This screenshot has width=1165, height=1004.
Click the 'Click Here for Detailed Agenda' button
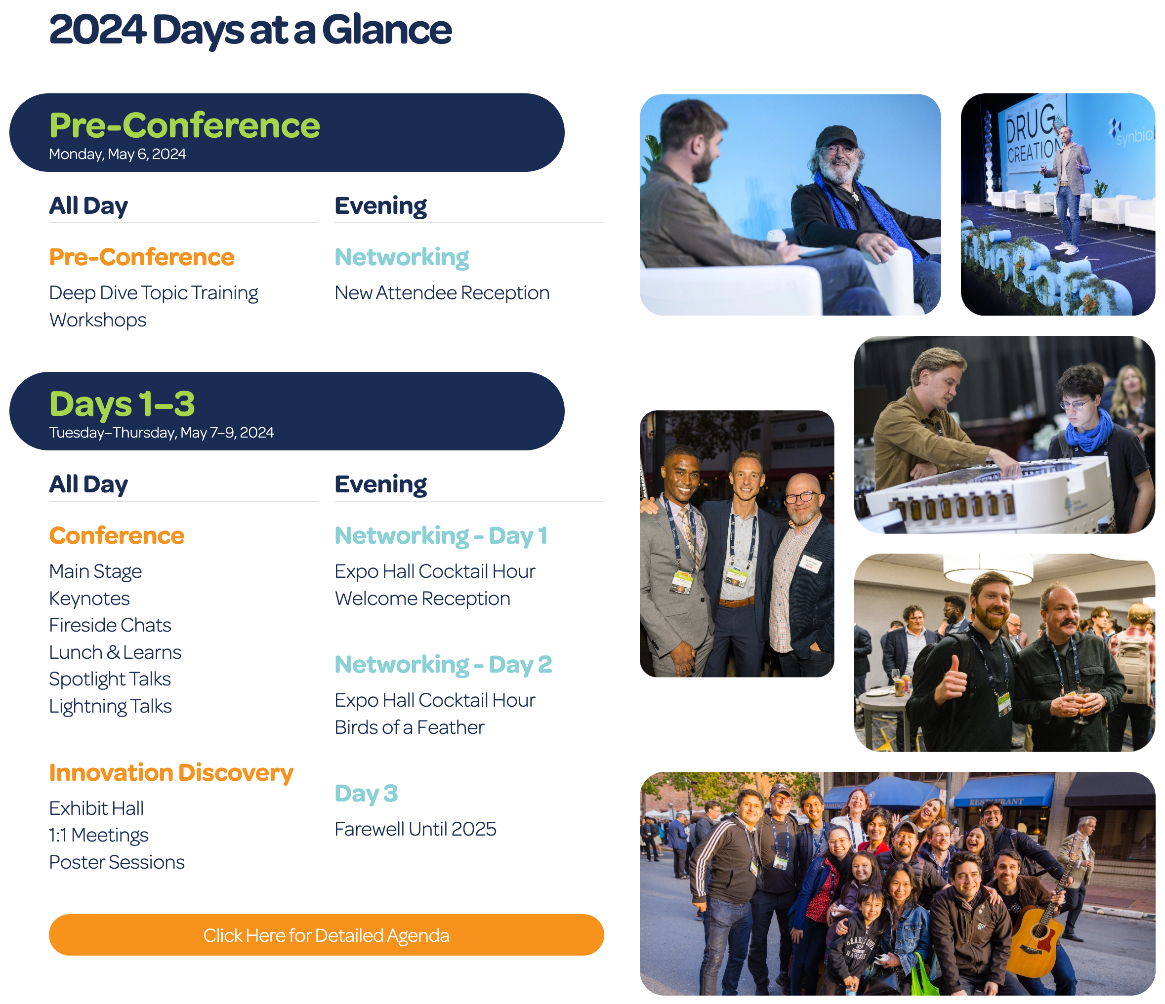click(x=326, y=935)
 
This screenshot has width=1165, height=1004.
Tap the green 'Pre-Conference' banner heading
click(x=184, y=125)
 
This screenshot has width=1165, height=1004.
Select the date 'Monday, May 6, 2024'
click(x=118, y=154)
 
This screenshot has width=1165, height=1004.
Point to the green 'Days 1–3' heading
click(x=122, y=403)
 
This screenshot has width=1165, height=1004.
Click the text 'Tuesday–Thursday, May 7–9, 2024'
click(x=162, y=432)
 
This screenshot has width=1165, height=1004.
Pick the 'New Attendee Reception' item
click(x=442, y=293)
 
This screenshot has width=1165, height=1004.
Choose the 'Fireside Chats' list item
click(x=110, y=625)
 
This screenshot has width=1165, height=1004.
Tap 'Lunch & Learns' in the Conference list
click(x=115, y=652)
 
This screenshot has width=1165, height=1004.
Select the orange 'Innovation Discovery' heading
click(x=171, y=773)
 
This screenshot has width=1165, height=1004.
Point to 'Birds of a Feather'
click(x=409, y=727)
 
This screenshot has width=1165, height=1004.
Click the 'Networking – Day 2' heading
click(x=443, y=664)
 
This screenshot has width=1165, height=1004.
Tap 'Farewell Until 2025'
click(x=416, y=829)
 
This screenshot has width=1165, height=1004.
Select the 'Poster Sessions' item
click(x=117, y=862)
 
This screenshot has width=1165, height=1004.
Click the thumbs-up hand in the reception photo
click(x=953, y=683)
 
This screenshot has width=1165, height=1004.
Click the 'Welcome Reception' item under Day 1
click(x=422, y=599)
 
